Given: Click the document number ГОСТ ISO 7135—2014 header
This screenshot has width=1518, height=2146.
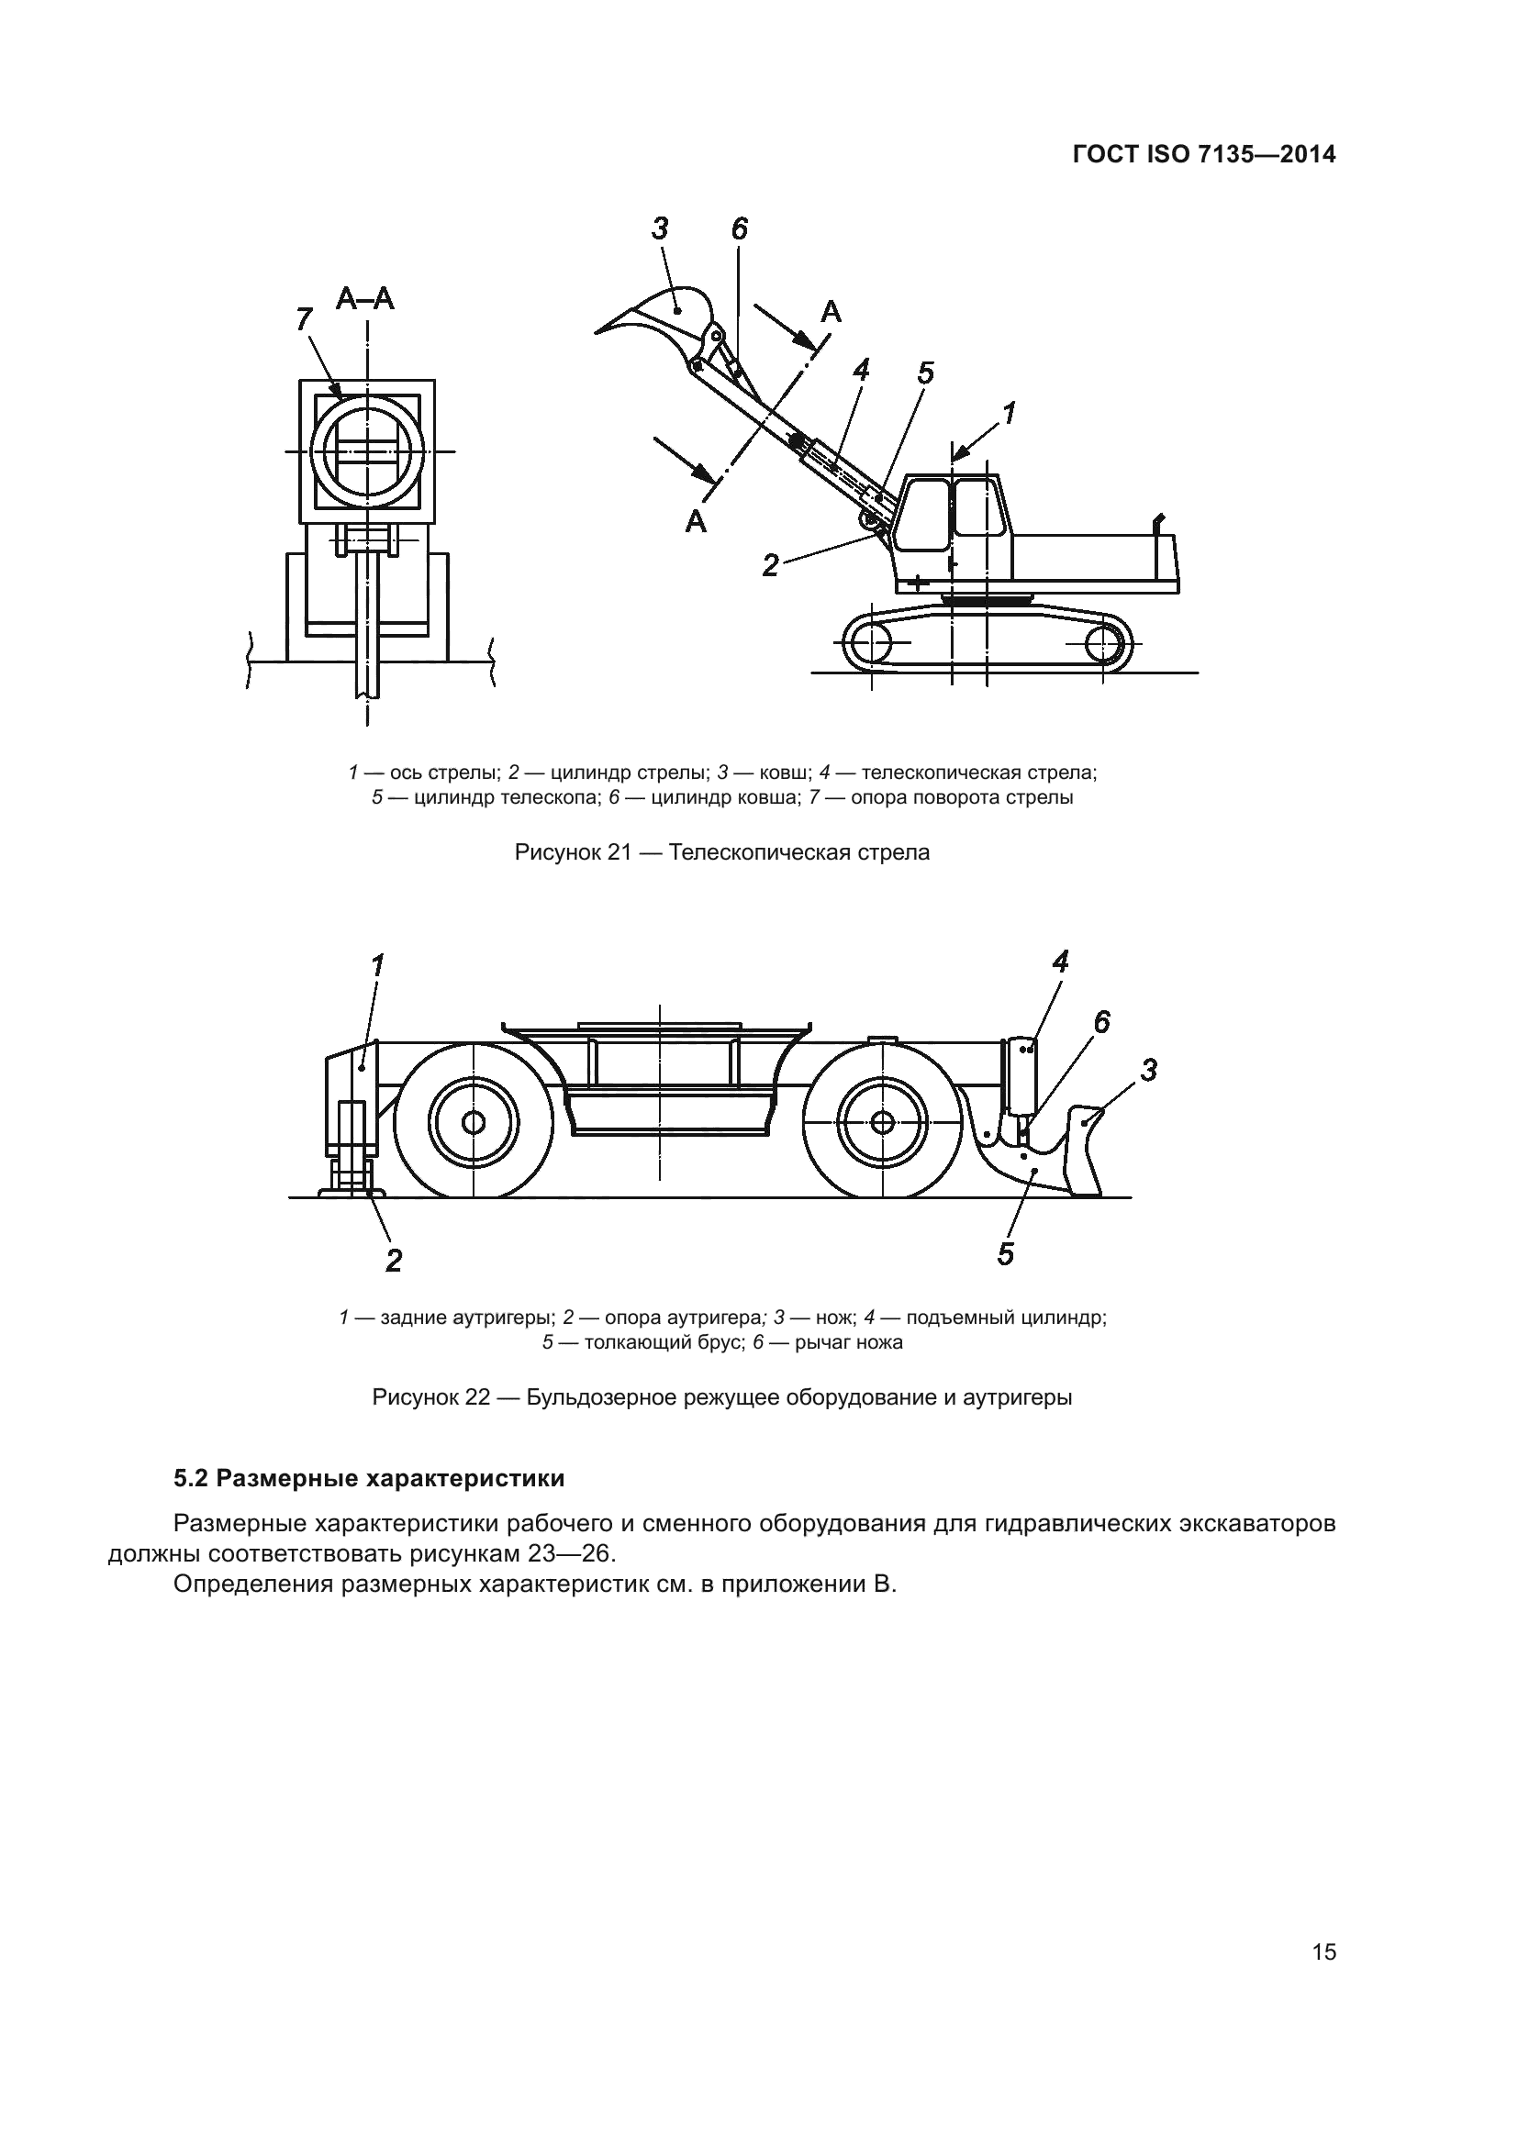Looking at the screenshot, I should pyautogui.click(x=1204, y=155).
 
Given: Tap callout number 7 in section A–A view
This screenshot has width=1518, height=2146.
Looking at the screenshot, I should pyautogui.click(x=303, y=319).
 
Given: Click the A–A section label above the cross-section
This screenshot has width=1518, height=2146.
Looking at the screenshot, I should pyautogui.click(x=365, y=299).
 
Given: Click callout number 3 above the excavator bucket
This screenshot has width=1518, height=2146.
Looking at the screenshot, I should pyautogui.click(x=660, y=228).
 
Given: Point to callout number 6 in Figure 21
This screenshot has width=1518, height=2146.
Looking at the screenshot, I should pyautogui.click(x=740, y=228).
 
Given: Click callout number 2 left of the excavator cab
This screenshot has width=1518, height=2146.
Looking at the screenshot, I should pyautogui.click(x=770, y=564).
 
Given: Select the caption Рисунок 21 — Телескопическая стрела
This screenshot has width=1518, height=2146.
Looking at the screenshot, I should pyautogui.click(x=721, y=852).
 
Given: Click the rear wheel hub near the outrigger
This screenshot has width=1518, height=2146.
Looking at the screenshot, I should pyautogui.click(x=474, y=1120).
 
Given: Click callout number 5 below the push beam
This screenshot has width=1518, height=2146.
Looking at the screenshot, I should pyautogui.click(x=1005, y=1253).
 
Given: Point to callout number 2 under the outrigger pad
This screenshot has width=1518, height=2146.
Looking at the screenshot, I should pyautogui.click(x=394, y=1260).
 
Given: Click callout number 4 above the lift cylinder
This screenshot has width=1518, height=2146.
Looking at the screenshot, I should pyautogui.click(x=1060, y=961).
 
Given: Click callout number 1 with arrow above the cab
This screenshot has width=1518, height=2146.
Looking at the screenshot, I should pyautogui.click(x=1009, y=412).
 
